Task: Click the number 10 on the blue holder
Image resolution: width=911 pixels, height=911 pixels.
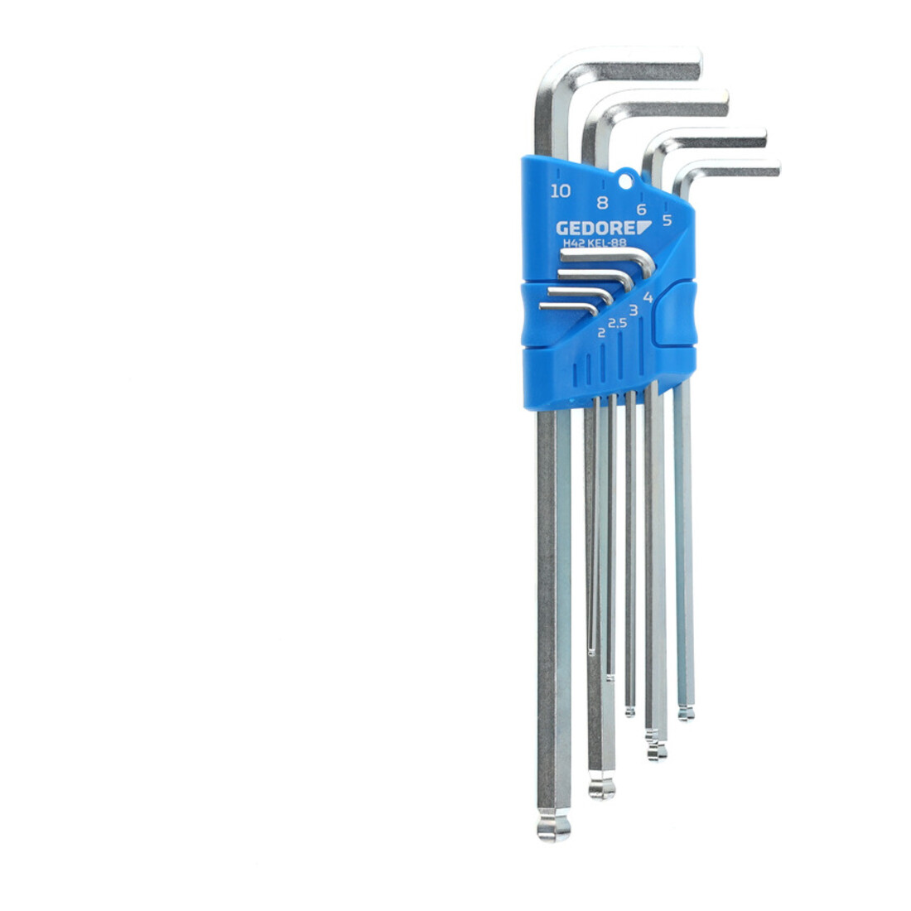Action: (560, 190)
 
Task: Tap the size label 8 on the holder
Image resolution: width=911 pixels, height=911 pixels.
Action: (602, 203)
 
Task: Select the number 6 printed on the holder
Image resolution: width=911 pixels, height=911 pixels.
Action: (641, 210)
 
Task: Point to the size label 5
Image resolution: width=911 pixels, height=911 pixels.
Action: (667, 220)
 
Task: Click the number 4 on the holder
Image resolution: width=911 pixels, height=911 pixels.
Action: (648, 297)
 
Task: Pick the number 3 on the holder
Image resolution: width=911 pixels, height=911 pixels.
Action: (634, 311)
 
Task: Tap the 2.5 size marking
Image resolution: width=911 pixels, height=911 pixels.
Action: (618, 322)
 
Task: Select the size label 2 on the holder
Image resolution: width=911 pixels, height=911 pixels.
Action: (601, 333)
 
